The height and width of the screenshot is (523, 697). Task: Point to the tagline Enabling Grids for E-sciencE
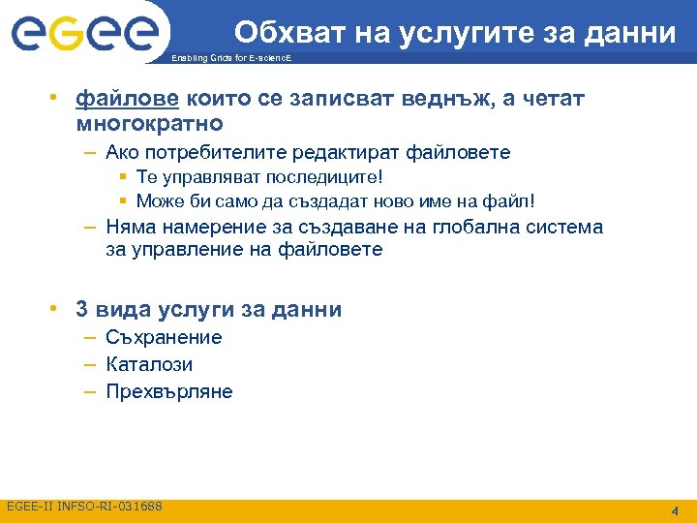click(x=229, y=59)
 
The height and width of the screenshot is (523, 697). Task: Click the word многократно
click(x=149, y=124)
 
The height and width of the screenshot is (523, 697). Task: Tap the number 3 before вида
click(x=82, y=310)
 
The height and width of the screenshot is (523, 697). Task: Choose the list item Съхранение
click(x=164, y=337)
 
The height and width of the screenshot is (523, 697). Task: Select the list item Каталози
click(x=149, y=364)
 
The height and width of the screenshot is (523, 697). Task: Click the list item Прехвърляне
click(x=169, y=391)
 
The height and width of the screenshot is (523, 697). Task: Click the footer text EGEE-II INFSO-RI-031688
click(x=85, y=507)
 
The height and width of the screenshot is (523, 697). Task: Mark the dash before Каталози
click(x=89, y=364)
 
